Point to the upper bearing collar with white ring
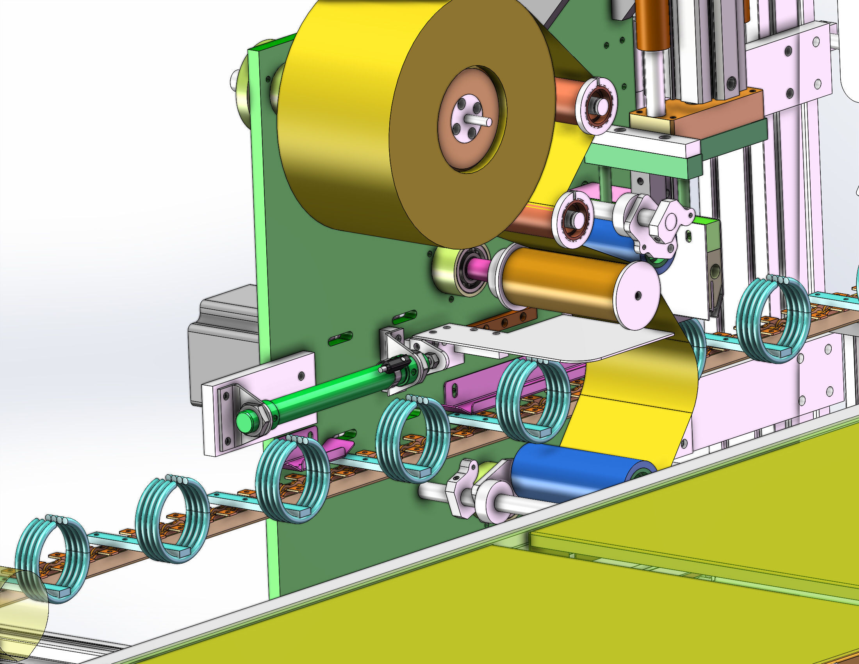[596, 106]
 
